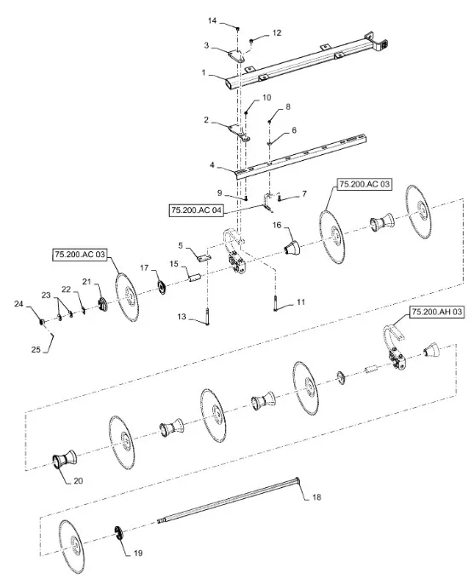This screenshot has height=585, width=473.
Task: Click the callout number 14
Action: pos(212,20)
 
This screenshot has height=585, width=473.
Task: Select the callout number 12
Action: pos(277,33)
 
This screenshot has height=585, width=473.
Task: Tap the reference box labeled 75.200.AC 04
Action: pos(196,210)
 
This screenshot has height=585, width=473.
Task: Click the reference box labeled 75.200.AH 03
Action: pos(436,312)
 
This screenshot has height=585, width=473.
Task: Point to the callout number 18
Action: pos(316,497)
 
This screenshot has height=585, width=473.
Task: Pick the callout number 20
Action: pos(78,480)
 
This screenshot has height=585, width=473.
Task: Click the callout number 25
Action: pos(36,350)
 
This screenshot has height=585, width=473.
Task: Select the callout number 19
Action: pos(138,553)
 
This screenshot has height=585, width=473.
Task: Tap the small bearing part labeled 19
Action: pos(119,532)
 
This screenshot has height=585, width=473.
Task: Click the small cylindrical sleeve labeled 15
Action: pos(195,278)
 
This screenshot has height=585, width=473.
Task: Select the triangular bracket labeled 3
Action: pos(236,55)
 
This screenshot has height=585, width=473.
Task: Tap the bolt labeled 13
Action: pos(207,316)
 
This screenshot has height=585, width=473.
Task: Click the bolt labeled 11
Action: pos(275,303)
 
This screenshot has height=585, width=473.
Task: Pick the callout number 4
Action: pos(212,164)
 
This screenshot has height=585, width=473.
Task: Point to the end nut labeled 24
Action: pos(42,321)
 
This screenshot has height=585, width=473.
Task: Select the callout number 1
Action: pos(204,72)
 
